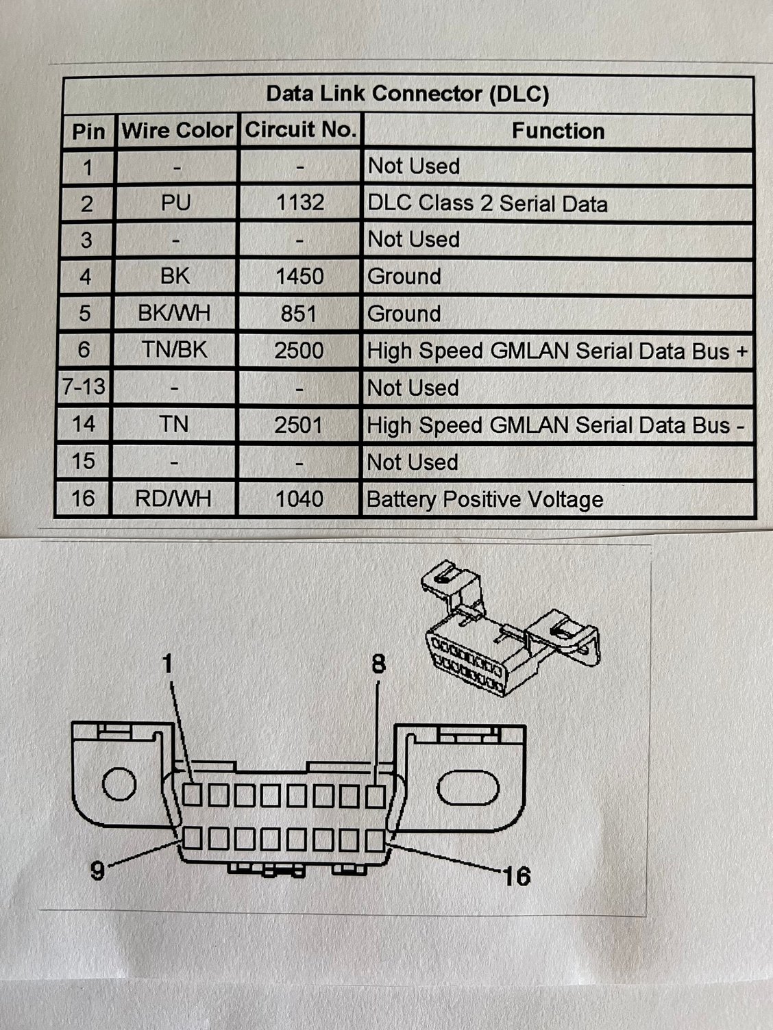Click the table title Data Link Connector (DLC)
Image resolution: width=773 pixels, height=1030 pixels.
point(407,94)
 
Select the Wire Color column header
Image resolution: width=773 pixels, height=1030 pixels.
point(177,130)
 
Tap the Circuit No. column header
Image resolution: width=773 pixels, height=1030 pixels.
point(300,129)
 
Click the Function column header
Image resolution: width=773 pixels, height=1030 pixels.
point(558,131)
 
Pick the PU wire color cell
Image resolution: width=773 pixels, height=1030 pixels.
point(175,203)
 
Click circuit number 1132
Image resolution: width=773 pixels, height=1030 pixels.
point(299,203)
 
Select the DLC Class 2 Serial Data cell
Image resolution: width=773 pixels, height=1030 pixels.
point(487,204)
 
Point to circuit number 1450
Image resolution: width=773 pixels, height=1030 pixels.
point(299,277)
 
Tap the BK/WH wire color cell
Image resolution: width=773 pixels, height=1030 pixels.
point(174,314)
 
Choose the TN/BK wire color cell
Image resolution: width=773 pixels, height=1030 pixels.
point(174,351)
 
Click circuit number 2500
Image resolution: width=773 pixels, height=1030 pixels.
point(299,351)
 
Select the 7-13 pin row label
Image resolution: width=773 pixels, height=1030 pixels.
point(84,387)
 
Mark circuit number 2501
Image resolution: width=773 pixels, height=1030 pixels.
point(298,425)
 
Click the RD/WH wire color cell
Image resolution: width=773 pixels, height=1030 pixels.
point(173,499)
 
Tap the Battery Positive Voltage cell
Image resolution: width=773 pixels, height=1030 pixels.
point(484,499)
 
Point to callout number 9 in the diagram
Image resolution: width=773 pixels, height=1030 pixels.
point(98,870)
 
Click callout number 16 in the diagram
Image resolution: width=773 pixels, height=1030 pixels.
point(516,875)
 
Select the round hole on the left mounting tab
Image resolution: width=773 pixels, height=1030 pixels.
point(119,784)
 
